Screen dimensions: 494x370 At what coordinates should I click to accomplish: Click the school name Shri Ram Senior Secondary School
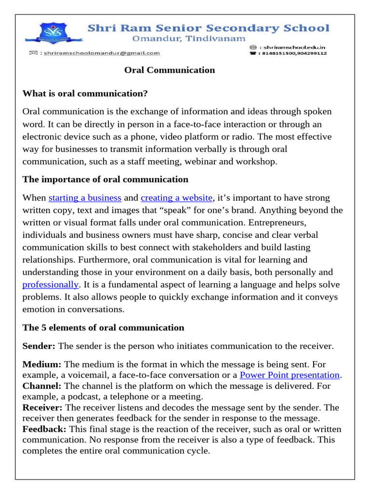click(208, 28)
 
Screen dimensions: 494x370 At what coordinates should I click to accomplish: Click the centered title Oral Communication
click(170, 70)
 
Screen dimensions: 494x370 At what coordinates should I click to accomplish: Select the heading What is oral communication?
click(85, 93)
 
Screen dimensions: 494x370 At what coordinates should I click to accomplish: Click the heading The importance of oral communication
click(106, 179)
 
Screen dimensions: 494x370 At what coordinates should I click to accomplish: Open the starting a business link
click(85, 198)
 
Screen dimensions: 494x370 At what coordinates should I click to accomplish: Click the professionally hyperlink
click(50, 284)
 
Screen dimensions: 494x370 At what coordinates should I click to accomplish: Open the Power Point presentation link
click(290, 375)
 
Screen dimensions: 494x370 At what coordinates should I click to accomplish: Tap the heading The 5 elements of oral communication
click(103, 328)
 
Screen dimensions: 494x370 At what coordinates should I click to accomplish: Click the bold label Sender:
click(39, 346)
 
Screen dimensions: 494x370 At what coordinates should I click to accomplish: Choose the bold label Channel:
click(42, 386)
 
